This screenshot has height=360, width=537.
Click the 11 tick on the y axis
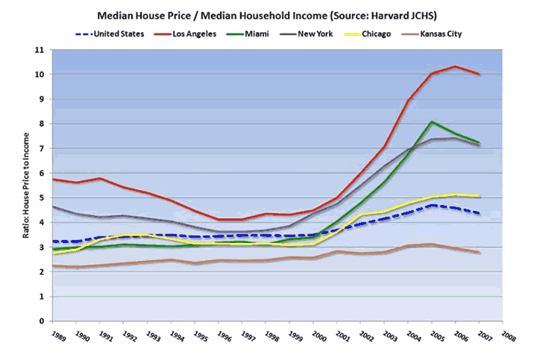(40, 50)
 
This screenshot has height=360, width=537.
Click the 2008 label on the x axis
(507, 336)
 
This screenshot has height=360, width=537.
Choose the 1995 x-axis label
(201, 336)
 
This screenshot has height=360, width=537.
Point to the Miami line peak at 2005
(432, 121)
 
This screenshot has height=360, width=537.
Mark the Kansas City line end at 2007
(480, 253)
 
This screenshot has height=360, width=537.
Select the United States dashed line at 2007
(480, 213)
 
